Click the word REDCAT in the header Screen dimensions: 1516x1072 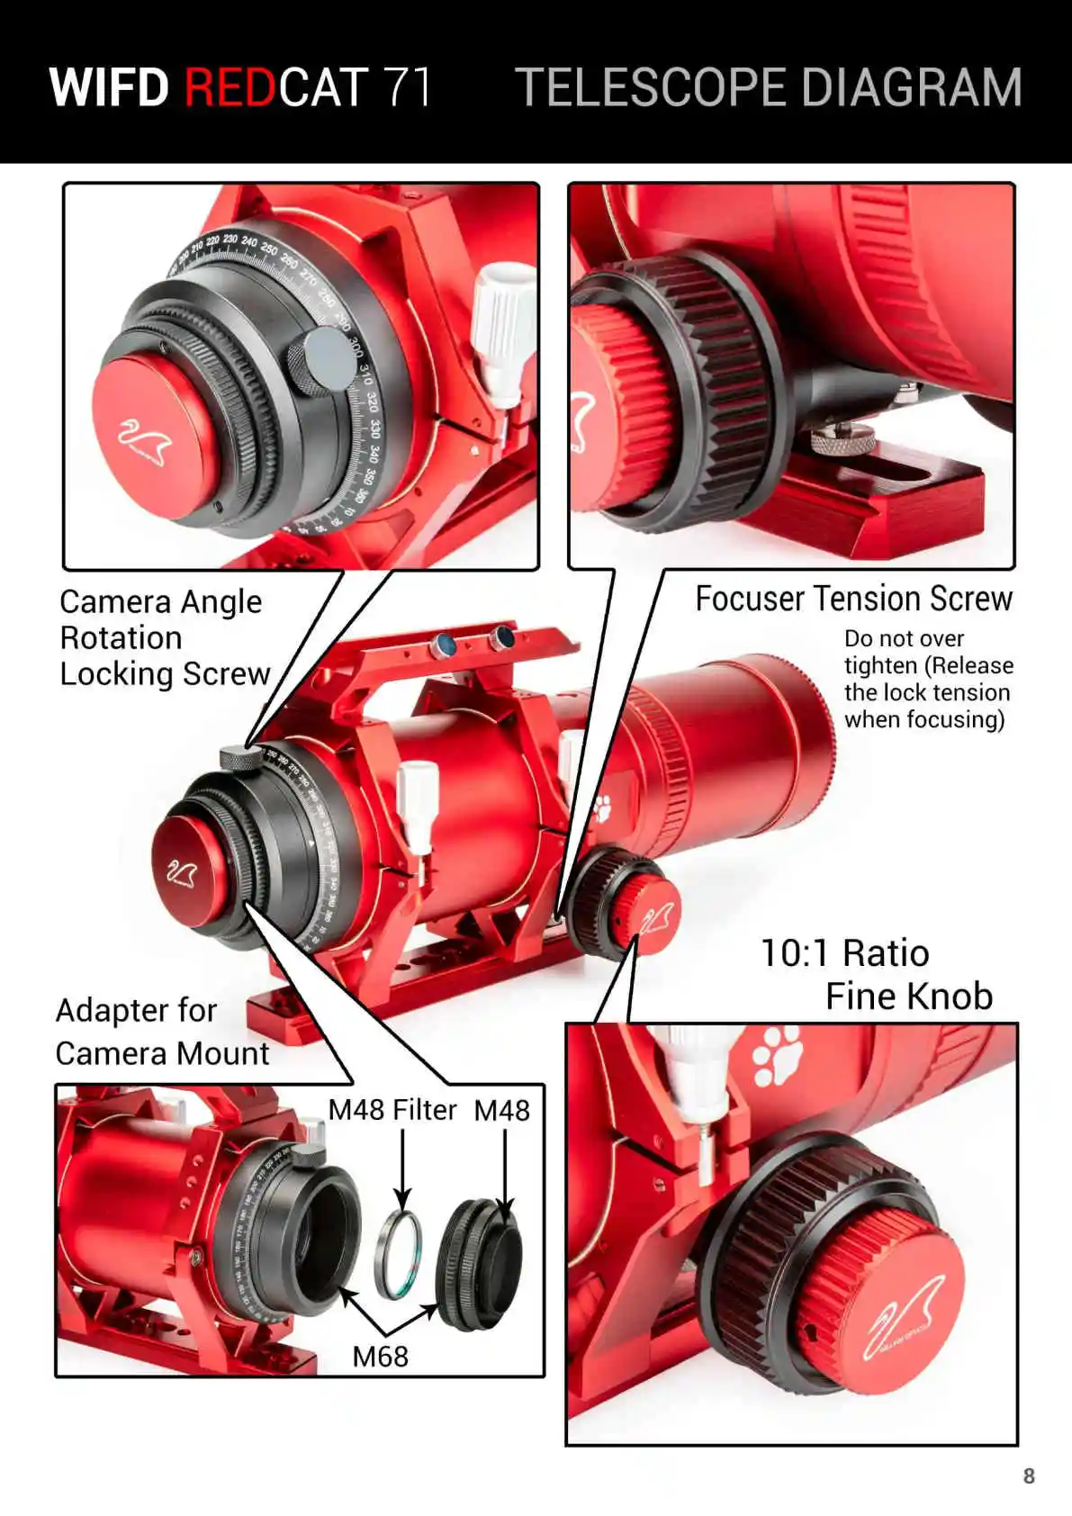coord(275,87)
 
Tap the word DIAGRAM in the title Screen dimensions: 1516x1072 coord(910,87)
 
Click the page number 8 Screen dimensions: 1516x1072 coord(1029,1475)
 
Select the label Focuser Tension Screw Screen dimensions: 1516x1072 coord(853,599)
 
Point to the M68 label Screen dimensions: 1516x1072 coord(380,1356)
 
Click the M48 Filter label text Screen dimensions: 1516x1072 coord(392,1110)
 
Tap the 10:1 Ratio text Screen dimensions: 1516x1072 coord(844,953)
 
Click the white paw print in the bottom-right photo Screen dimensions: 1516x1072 coord(777,1054)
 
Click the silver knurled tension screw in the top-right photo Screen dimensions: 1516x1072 coord(842,438)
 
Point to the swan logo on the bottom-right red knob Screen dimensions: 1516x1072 coord(902,1315)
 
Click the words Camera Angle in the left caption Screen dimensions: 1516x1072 coord(160,601)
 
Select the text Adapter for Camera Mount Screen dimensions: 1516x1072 coord(161,1032)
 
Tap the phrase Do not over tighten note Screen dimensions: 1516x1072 coord(927,679)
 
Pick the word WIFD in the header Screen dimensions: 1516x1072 coord(109,87)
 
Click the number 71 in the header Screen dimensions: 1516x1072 coord(408,87)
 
